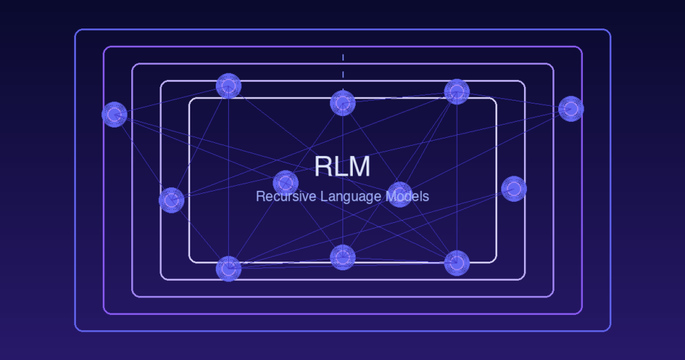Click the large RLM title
(x=342, y=166)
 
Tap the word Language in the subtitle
(x=346, y=196)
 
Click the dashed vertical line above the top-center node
(x=342, y=66)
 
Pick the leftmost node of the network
(x=114, y=114)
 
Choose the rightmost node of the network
(x=571, y=109)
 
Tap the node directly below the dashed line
(x=342, y=103)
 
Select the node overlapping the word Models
(x=399, y=194)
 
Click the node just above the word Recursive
(x=286, y=182)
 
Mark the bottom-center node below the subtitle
(x=342, y=257)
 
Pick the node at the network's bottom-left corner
(x=228, y=268)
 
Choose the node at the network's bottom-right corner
(x=456, y=263)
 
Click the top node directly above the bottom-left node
(x=228, y=86)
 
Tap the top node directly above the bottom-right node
(x=456, y=92)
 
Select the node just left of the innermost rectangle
(x=171, y=200)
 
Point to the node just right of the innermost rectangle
(x=514, y=189)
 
